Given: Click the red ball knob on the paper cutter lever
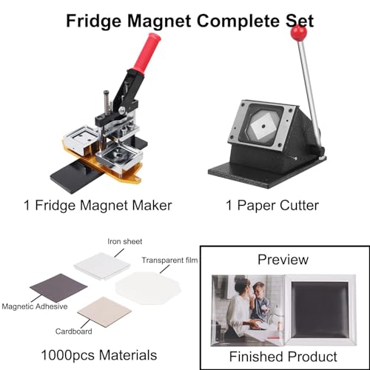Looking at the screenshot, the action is point(298,33).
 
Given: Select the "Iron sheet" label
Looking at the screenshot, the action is point(125,241).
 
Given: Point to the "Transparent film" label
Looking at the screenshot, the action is point(169,260).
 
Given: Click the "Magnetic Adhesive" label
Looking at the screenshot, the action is point(35,306).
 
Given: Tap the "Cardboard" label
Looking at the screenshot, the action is point(73,332).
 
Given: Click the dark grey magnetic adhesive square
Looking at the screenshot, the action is point(58,288).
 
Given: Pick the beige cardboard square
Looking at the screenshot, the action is point(104,312).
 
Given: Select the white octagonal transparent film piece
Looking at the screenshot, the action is point(148,288).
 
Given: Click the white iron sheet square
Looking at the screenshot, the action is point(102,266).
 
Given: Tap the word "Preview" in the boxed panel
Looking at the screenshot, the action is point(283,260).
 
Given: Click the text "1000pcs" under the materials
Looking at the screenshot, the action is point(68,355).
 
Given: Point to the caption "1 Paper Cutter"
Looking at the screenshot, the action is point(272,206).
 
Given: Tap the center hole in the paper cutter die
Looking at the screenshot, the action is point(263,126).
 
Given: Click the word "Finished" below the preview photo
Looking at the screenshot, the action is point(256,357).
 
